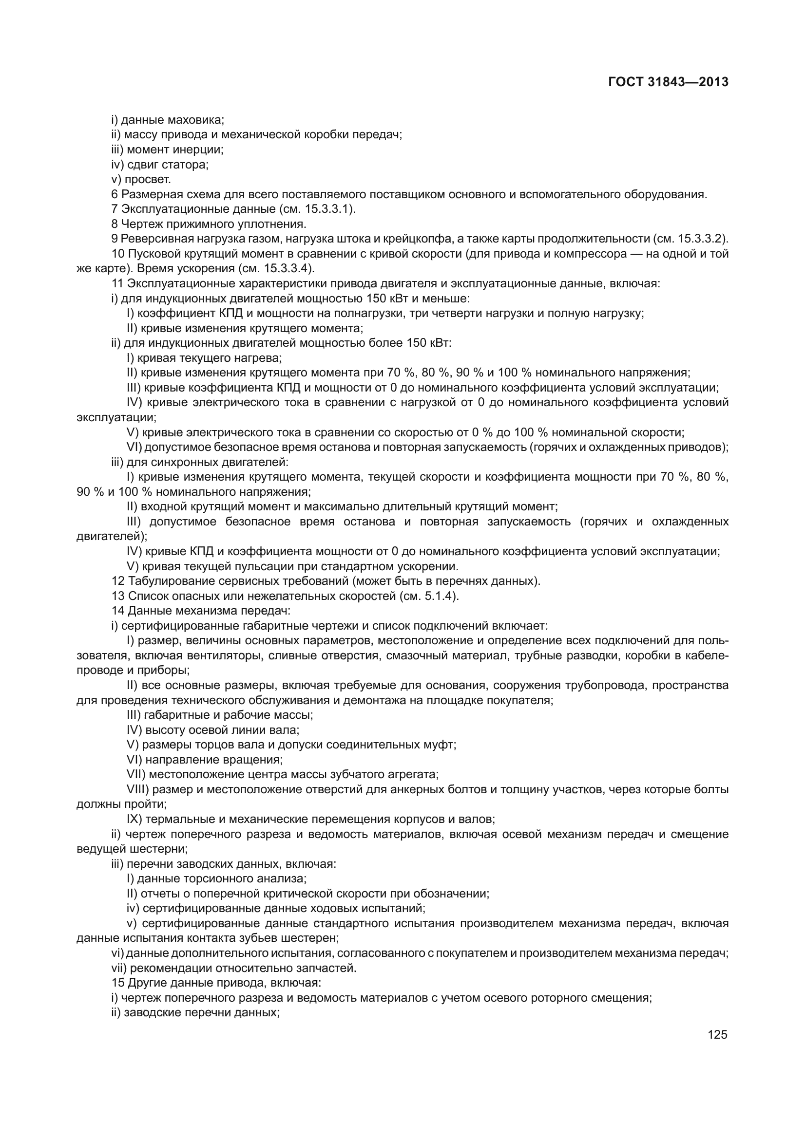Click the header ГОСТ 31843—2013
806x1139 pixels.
[x=668, y=82]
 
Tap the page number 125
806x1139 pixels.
[x=717, y=1034]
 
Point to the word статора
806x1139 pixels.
[x=185, y=164]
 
